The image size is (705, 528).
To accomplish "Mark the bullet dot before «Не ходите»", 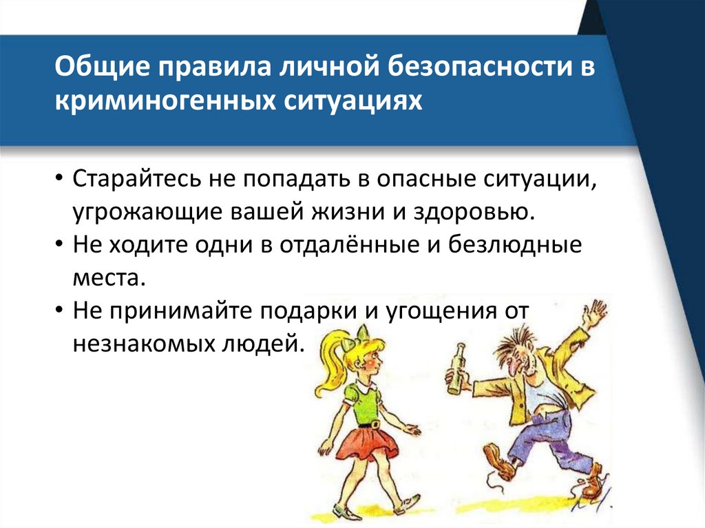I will (61, 245).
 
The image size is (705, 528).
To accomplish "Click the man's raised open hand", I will (593, 313).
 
